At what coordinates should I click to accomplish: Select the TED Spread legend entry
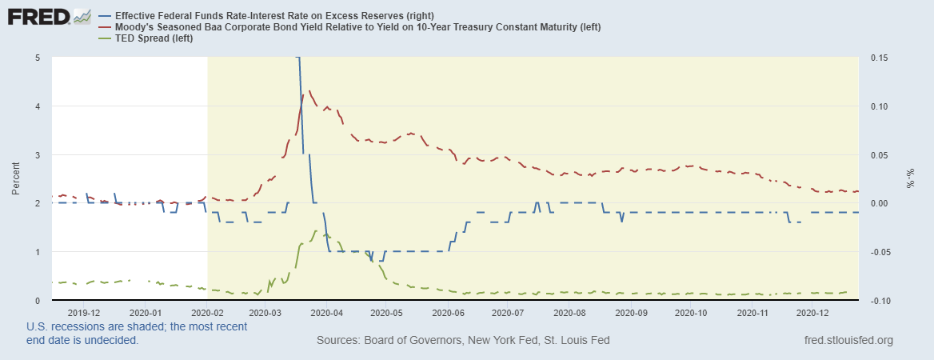click(x=147, y=39)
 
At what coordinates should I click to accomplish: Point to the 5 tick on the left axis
click(x=38, y=58)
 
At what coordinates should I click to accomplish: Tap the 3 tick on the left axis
click(x=38, y=154)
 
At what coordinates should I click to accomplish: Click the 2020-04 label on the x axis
click(x=325, y=313)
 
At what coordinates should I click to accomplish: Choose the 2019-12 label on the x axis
click(x=83, y=313)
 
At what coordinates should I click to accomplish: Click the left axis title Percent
click(x=16, y=178)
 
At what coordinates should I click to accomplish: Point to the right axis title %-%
click(x=910, y=178)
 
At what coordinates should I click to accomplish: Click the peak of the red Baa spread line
click(x=309, y=90)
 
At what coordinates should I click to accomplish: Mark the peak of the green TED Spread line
click(x=317, y=230)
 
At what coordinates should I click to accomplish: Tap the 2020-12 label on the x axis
click(x=812, y=313)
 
